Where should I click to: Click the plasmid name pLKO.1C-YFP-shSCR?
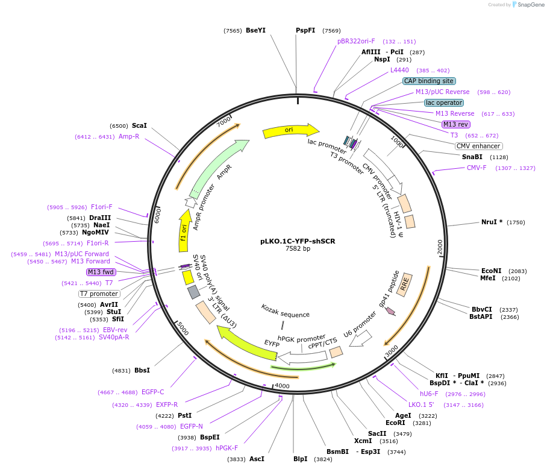coord(298,241)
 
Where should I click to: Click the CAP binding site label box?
coord(429,81)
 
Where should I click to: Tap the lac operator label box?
coord(443,102)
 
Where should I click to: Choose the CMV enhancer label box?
coord(479,146)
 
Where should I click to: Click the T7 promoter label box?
coord(99,294)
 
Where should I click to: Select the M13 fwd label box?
coord(101,272)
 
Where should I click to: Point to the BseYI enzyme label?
coord(255,31)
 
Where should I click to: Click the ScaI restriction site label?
coord(139,125)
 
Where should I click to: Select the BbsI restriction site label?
coord(142,370)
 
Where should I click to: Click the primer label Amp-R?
coord(129,137)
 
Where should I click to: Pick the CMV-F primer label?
coord(477,168)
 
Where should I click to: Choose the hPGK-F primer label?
coord(227,448)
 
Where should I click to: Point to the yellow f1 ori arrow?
coord(184,230)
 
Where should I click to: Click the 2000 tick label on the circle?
coord(440,247)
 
